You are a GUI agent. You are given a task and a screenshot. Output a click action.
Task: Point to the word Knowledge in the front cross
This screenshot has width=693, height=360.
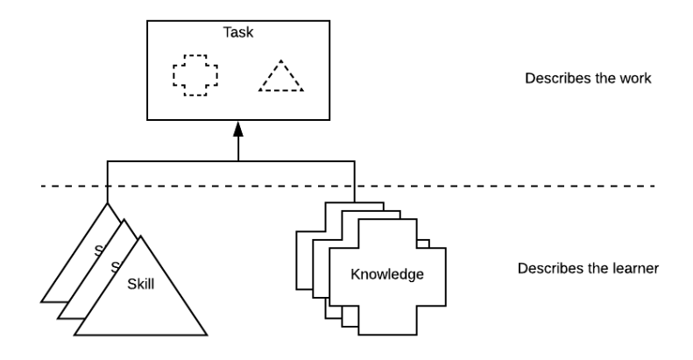(x=387, y=275)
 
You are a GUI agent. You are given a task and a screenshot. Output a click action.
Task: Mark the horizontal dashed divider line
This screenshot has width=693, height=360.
(x=526, y=186)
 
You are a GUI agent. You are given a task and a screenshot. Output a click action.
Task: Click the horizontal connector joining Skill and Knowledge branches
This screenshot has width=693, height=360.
(x=175, y=161)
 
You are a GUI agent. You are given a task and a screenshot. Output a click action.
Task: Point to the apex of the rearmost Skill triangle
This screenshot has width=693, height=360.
(x=108, y=207)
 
